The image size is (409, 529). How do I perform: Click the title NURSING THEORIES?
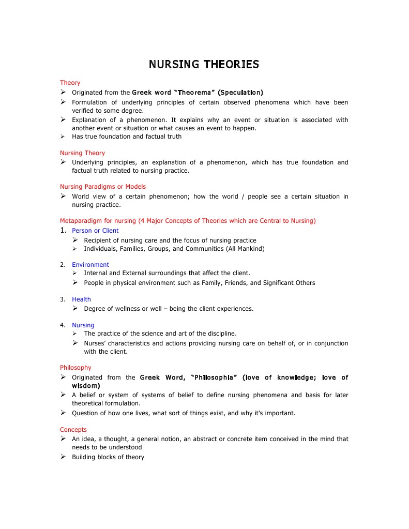click(x=204, y=65)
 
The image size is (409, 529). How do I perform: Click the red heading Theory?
click(x=70, y=83)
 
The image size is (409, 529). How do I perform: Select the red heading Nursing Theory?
click(x=82, y=153)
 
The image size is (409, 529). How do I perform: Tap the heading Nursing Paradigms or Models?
click(x=103, y=187)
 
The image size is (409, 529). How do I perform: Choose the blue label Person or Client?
click(x=95, y=231)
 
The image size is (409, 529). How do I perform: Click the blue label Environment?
click(x=90, y=265)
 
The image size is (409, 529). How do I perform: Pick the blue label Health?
click(x=81, y=299)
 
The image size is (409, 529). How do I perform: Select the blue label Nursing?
click(x=83, y=325)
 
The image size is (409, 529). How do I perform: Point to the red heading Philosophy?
click(x=75, y=368)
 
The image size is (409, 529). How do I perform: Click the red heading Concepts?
click(x=73, y=430)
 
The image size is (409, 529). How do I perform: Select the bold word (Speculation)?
click(x=240, y=93)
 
